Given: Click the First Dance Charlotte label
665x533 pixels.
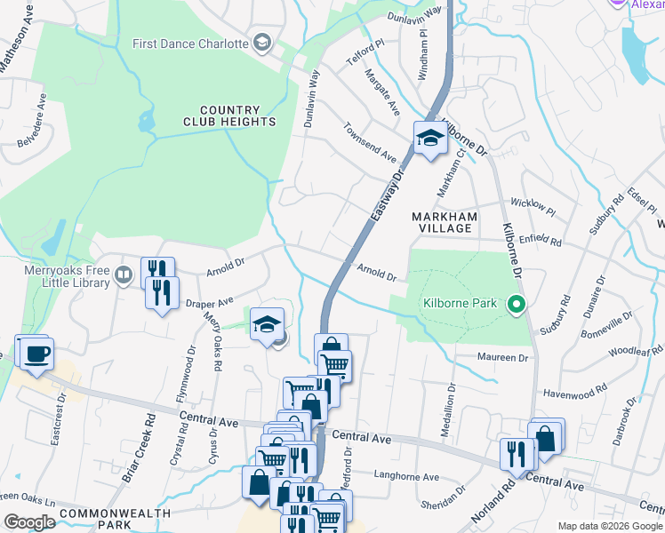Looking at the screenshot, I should tap(189, 43).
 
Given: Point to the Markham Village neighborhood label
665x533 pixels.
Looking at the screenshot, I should tap(445, 222).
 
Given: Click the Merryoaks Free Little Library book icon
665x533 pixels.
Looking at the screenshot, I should tap(124, 277).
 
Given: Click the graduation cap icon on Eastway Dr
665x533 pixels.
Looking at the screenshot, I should tap(429, 138).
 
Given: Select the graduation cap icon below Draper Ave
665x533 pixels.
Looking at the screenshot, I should tap(266, 324).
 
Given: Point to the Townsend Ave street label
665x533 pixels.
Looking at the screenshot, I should tap(371, 141).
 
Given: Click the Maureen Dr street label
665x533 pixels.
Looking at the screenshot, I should tap(505, 358).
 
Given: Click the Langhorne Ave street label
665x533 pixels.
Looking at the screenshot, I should tap(406, 477).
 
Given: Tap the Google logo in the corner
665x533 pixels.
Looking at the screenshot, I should tap(29, 522).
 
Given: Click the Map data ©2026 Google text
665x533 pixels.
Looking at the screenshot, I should tap(610, 525).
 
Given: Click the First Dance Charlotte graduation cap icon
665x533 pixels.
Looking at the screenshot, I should tap(261, 42).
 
